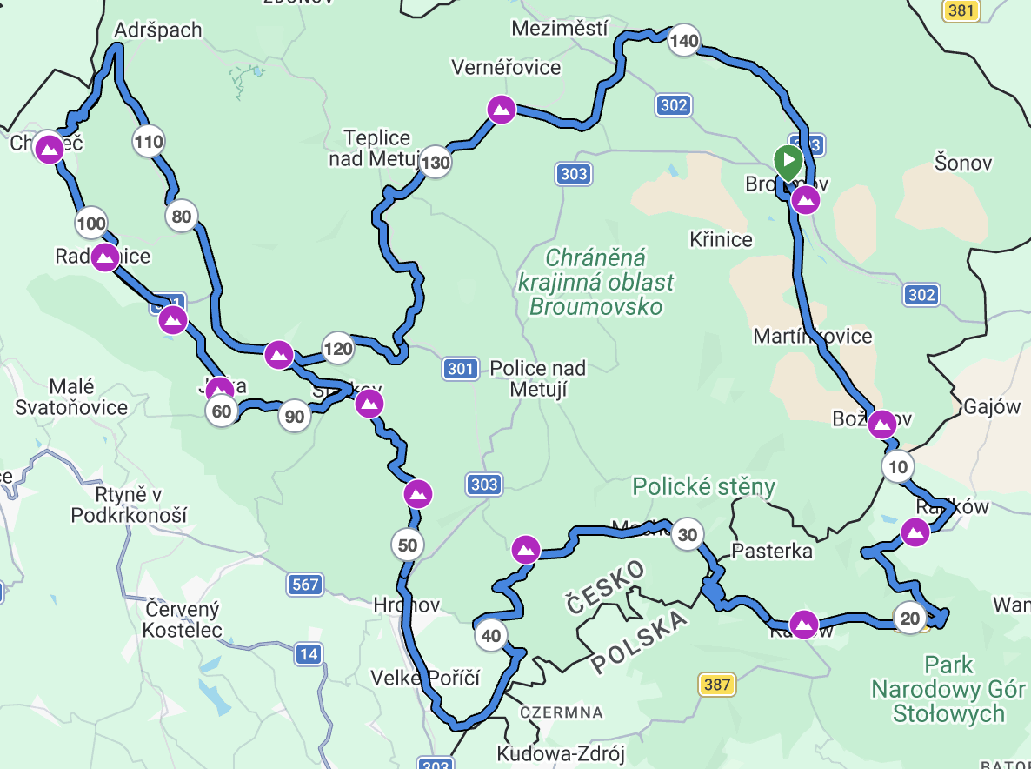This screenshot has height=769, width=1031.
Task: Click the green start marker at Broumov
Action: pos(788,162)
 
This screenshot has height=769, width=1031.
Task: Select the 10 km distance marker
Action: pos(898,467)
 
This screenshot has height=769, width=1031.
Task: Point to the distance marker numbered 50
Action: pos(408,545)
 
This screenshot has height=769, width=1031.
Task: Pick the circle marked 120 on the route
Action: pos(338,350)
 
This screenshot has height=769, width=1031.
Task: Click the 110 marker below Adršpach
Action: pos(149,141)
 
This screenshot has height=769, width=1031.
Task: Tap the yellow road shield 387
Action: pos(717,685)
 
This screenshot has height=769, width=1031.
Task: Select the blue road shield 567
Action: pos(306,585)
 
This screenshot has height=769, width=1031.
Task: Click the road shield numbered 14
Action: pos(308,653)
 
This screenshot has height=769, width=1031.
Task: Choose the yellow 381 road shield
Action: pos(962,10)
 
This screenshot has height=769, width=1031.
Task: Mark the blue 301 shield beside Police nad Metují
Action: pos(460,369)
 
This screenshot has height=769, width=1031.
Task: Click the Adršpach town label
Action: pos(158,30)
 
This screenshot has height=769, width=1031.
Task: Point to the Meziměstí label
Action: pos(559,28)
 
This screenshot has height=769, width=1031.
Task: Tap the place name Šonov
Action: pos(963,162)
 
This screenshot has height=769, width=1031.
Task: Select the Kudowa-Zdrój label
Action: pos(561,752)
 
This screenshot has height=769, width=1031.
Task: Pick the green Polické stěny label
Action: pos(703,486)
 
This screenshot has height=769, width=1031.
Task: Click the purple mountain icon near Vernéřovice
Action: pos(501,110)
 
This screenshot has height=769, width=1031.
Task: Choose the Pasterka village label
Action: pos(772,551)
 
